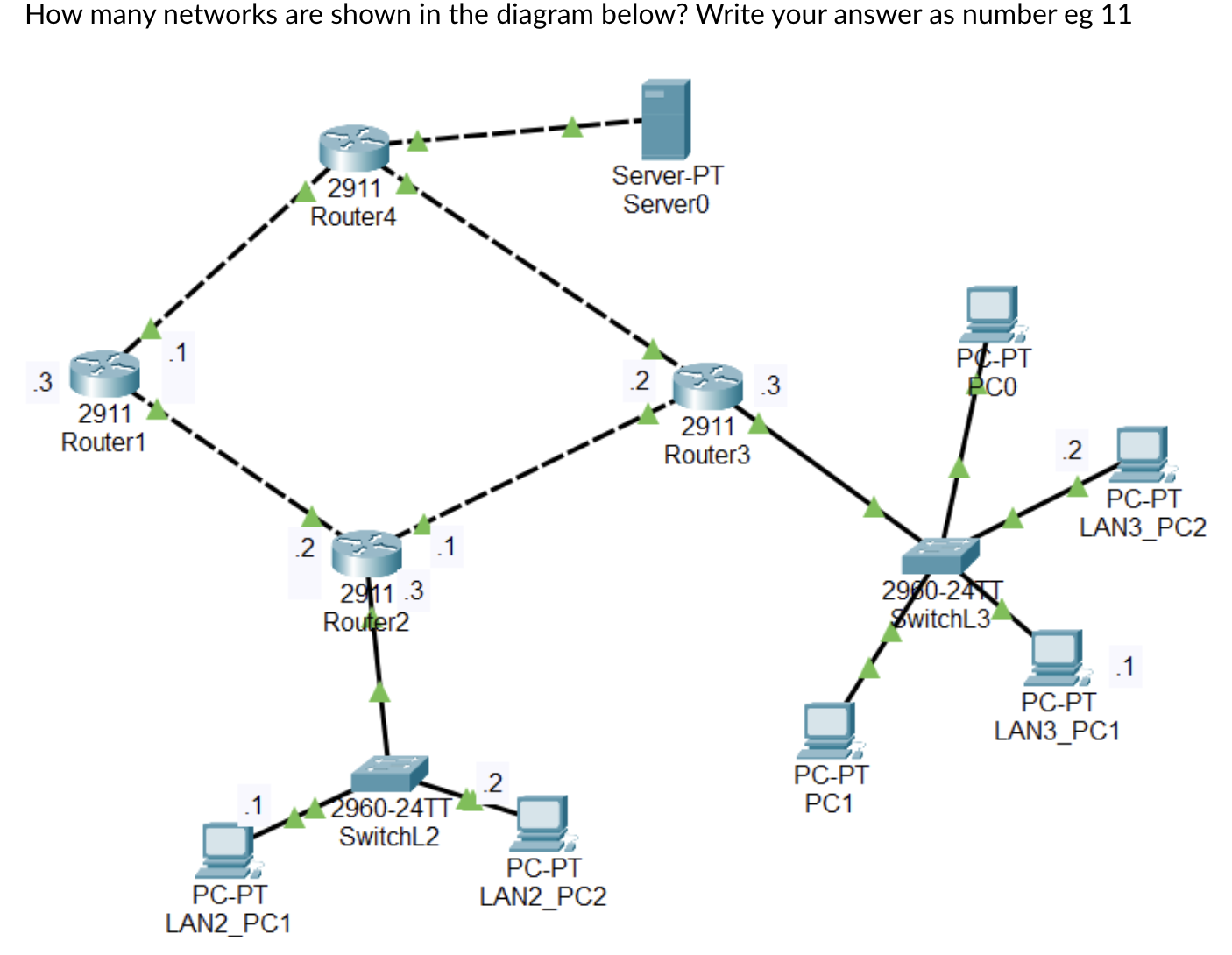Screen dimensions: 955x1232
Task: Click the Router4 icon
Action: [x=354, y=147]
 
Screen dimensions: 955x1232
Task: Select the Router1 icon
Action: [x=104, y=372]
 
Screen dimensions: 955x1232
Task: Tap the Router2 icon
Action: [x=367, y=553]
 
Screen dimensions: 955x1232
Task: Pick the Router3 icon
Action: [x=708, y=386]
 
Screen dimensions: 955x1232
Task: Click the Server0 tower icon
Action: [x=666, y=119]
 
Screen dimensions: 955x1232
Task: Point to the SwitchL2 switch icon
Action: [x=389, y=774]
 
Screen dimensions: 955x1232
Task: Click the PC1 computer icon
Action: [x=829, y=730]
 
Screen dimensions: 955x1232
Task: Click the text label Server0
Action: [x=666, y=204]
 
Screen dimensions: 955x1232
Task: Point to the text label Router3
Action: [x=707, y=455]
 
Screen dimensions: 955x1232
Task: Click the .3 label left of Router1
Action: [x=41, y=382]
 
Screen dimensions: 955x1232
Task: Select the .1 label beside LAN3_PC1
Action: [x=1124, y=666]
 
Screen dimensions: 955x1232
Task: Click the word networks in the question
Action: [x=221, y=15]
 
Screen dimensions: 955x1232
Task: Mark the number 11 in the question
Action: [x=1115, y=15]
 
